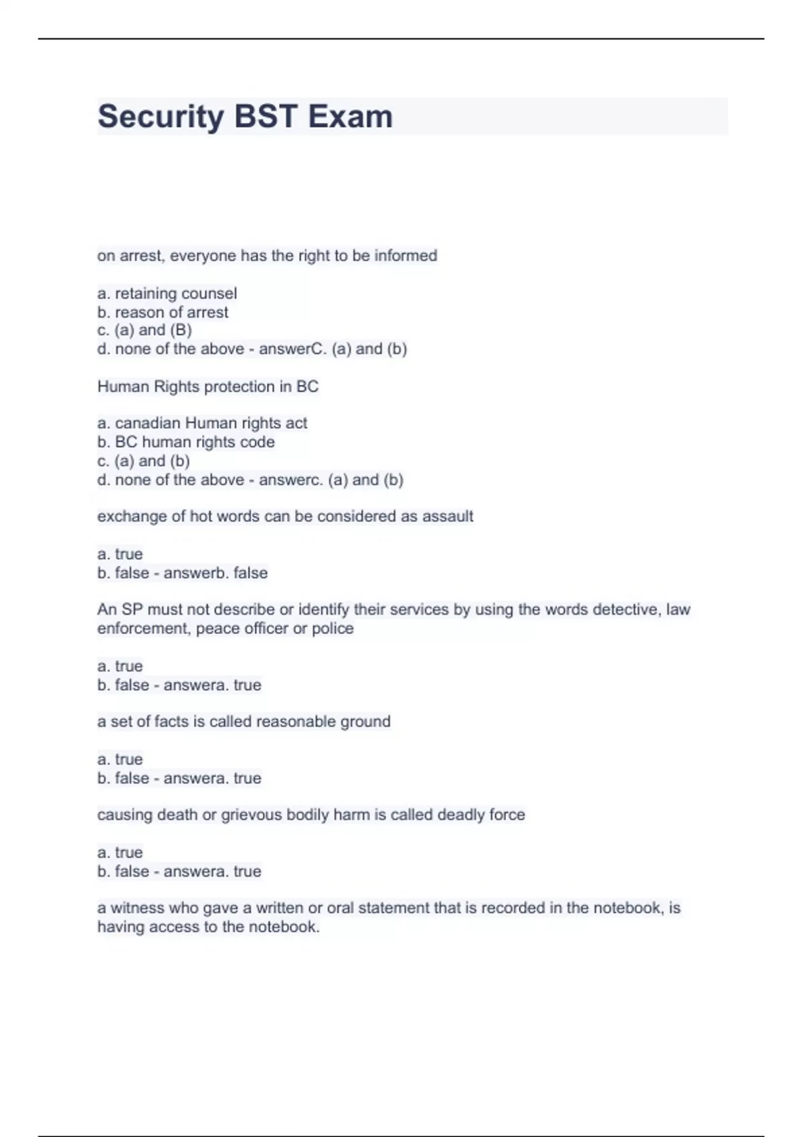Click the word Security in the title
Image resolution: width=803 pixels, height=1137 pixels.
point(161,117)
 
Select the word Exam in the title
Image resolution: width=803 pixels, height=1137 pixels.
point(350,117)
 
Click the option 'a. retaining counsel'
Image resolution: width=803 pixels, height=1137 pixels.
point(167,294)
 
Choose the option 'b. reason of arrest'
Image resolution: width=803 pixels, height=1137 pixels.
point(163,312)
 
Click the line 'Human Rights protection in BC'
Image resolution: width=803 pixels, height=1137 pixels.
point(207,387)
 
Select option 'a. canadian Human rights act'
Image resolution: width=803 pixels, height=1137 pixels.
point(202,423)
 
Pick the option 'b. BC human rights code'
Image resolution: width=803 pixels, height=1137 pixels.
point(186,442)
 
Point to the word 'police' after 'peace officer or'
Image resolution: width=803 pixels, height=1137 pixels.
point(333,629)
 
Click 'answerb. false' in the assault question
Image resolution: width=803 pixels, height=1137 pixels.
point(215,573)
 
